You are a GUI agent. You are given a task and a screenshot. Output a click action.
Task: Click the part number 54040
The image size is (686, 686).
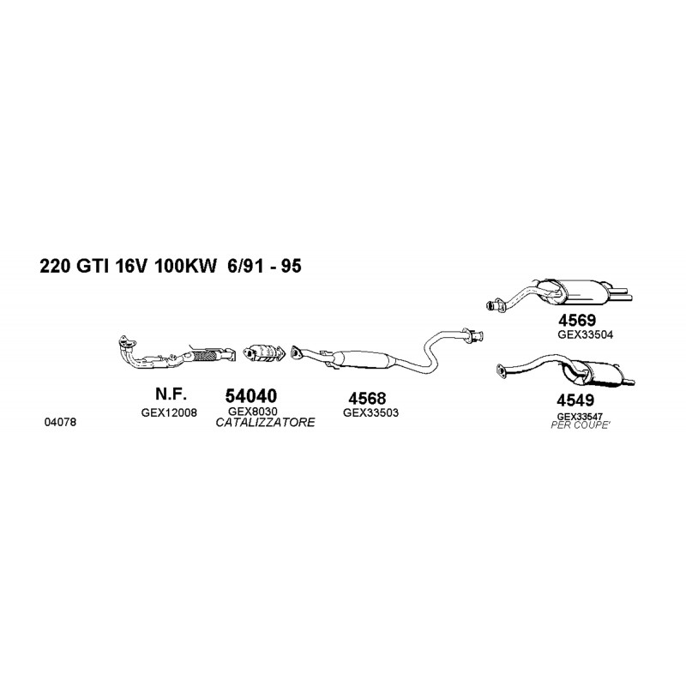coord(250,396)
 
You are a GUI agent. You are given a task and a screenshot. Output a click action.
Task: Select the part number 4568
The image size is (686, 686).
coord(367,398)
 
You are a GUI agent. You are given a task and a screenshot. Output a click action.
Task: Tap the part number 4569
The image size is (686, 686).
coord(576,321)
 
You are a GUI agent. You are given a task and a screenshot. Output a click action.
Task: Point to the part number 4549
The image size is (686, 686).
coord(575,400)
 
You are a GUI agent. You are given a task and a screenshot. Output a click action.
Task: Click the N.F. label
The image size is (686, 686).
coord(171,394)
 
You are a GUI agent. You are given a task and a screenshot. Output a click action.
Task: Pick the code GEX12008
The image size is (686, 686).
coord(169,412)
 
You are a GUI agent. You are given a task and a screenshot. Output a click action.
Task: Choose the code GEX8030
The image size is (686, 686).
coord(252,412)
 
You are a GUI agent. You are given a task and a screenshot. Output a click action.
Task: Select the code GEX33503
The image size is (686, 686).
coord(370,412)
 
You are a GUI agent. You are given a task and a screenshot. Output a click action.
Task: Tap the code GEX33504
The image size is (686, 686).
coord(586,334)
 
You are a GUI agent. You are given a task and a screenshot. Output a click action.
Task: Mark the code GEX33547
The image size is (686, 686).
coord(580,417)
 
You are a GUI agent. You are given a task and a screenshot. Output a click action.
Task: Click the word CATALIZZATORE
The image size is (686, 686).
coord(265,422)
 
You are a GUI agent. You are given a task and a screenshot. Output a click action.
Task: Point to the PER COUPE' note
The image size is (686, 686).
coord(580,424)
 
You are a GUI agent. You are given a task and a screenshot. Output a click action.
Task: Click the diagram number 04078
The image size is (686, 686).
coord(60,422)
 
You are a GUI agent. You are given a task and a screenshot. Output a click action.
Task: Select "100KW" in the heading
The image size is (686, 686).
coord(185,266)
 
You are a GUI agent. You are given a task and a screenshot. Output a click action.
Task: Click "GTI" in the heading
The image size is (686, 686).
coord(93,266)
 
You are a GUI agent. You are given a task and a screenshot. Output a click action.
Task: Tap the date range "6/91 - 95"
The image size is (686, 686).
coord(265,266)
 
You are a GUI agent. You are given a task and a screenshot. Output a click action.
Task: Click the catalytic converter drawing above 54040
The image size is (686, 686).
coord(263,353)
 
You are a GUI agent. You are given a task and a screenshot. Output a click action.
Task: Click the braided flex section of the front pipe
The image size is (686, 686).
coord(207,355)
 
